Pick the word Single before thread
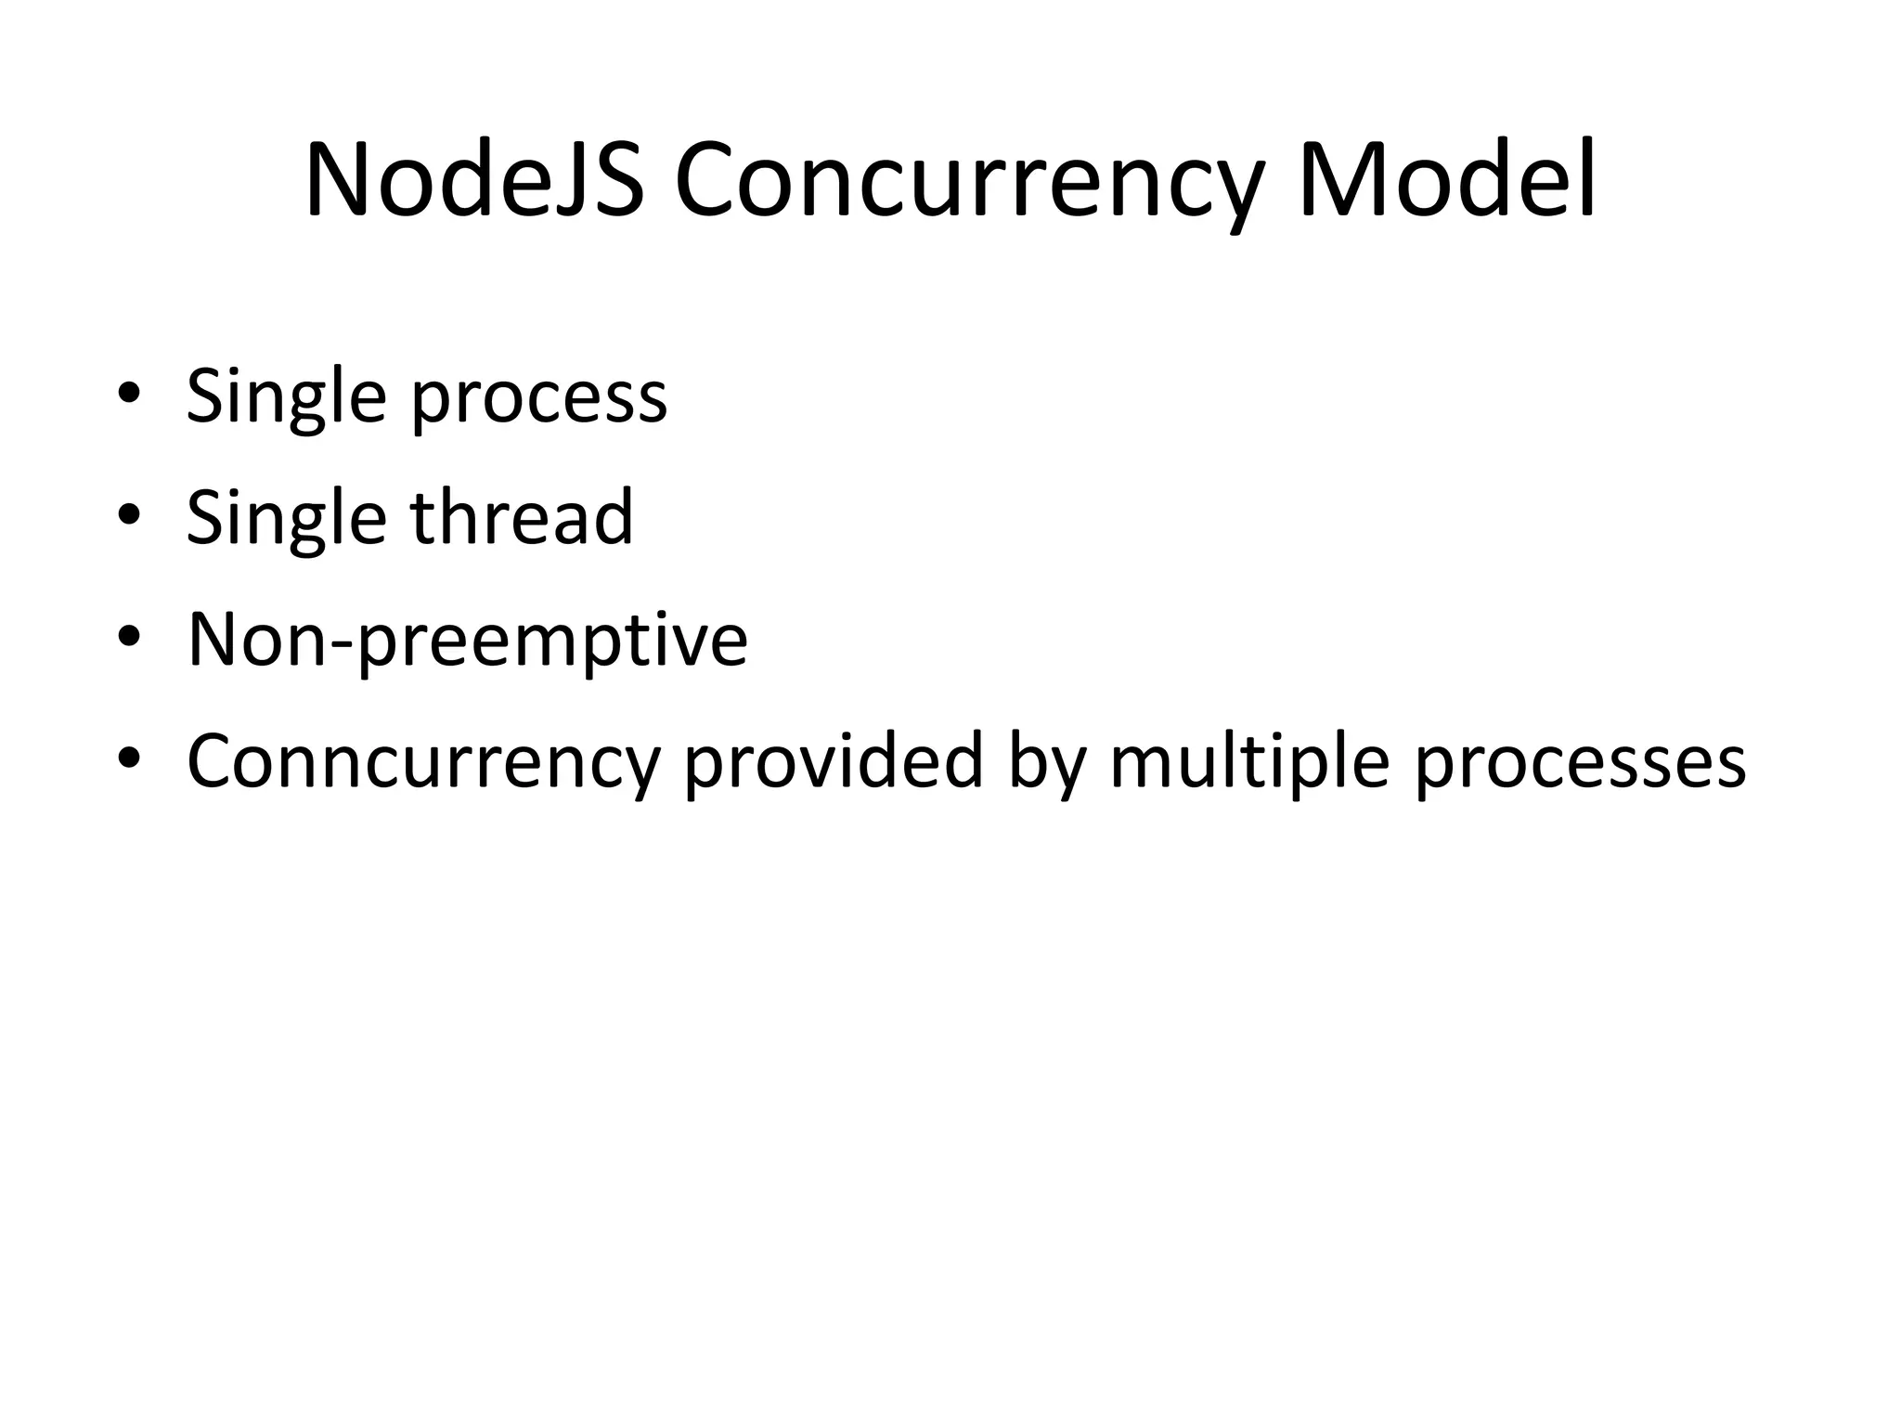point(286,520)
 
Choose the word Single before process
point(286,399)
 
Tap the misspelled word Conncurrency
point(422,763)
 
